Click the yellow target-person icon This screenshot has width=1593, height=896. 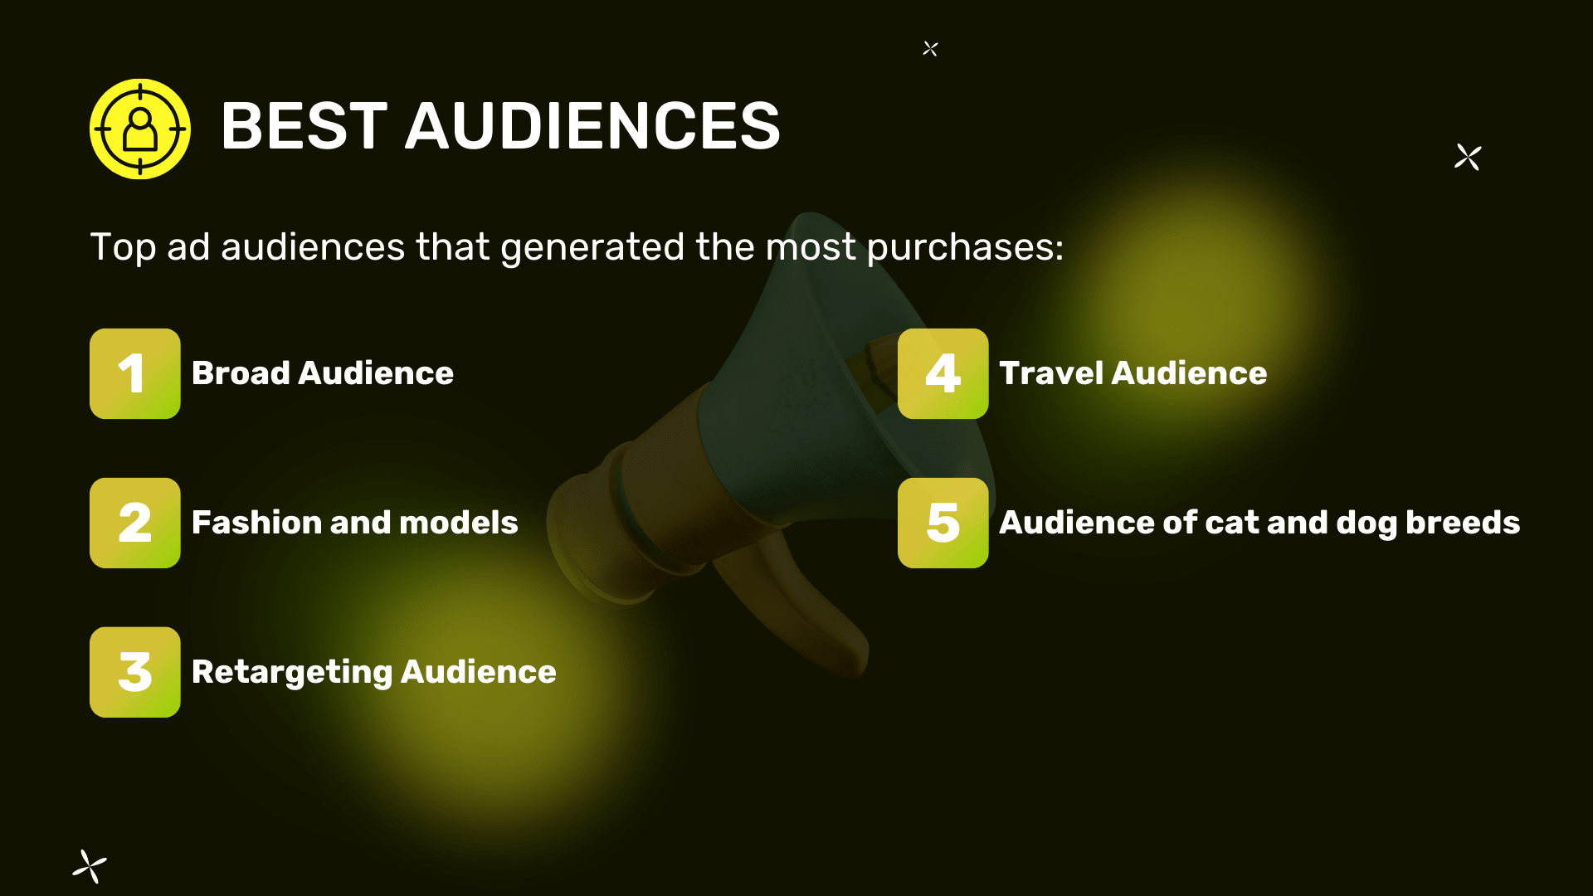140,129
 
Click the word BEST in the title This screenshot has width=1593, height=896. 304,126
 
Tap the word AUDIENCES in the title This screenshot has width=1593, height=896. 592,126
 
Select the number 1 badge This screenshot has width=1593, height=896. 135,373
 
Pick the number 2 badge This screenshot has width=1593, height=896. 135,523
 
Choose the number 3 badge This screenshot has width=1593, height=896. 135,672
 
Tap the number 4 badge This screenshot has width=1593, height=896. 943,373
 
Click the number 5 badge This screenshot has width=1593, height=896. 943,523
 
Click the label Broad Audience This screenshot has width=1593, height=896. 323,373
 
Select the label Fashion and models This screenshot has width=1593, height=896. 355,523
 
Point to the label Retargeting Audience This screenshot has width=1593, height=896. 374,673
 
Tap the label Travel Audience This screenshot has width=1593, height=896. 1133,373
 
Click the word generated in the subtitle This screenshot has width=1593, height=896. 592,248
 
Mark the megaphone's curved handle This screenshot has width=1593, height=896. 796,606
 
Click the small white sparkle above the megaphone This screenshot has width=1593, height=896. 930,49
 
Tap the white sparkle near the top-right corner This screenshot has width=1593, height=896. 1468,157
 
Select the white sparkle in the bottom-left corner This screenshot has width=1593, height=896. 90,866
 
